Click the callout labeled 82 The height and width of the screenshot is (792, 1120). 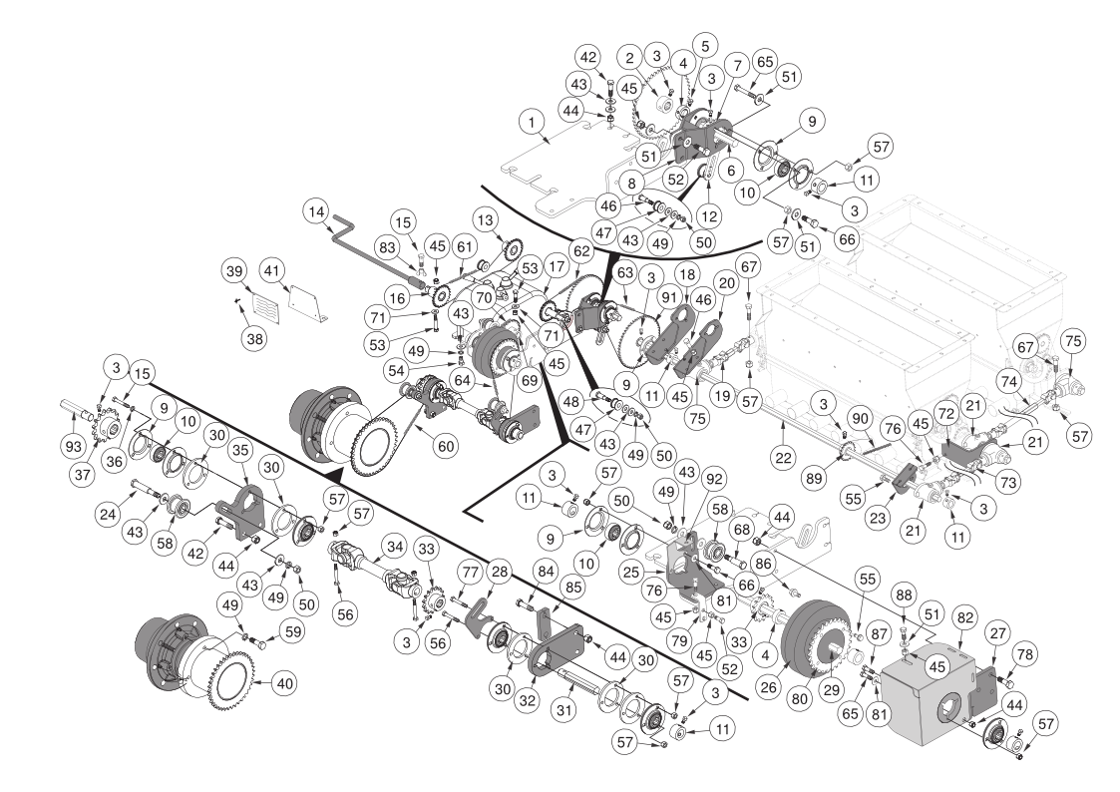[963, 618]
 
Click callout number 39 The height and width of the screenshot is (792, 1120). [233, 273]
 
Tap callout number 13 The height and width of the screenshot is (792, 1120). [486, 219]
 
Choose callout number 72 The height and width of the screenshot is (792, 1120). [945, 412]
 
